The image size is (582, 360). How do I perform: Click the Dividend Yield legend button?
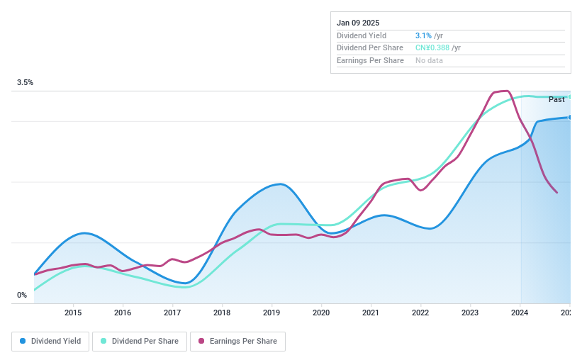50,341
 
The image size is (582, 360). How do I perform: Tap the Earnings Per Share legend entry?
237,341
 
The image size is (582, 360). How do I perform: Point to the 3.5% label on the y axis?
26,83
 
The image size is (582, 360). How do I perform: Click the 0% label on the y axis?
22,295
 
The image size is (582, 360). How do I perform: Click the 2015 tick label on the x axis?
73,313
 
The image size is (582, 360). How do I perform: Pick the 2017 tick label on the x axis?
172,313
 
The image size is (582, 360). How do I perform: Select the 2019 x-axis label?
272,313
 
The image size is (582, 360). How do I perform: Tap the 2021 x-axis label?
371,313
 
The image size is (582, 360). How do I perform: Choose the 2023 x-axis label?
470,313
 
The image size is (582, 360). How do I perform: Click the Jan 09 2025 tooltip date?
358,23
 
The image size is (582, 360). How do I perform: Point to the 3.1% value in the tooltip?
423,35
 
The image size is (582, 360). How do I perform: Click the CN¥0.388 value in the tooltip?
432,48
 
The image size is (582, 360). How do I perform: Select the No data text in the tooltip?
430,61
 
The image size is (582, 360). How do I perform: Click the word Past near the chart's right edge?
556,100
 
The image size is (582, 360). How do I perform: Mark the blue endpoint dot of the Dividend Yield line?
569,117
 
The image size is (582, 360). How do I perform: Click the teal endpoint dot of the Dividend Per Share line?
569,96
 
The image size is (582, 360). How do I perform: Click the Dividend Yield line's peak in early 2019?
281,184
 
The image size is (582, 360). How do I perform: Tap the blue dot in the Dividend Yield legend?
23,341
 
